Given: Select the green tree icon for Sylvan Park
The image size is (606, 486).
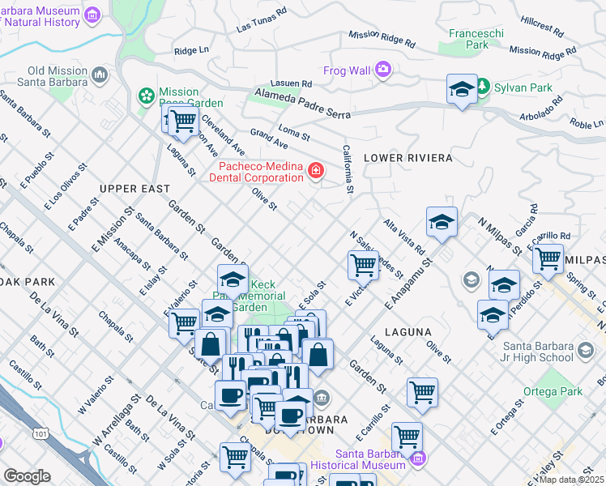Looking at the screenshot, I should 483,85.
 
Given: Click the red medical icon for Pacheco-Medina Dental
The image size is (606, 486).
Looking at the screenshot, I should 314,171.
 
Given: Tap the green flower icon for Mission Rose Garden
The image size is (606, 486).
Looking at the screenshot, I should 147,97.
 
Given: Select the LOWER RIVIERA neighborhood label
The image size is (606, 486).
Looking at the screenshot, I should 408,157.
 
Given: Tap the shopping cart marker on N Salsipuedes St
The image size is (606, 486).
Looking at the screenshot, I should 363,263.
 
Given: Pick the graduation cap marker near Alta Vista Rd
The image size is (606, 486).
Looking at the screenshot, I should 442,221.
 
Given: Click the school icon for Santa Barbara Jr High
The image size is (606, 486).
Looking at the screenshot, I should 585,352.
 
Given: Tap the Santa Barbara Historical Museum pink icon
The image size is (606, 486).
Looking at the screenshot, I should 416,459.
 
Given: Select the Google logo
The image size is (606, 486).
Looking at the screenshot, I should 27,476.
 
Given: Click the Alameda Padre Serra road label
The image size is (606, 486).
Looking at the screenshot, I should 303,99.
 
